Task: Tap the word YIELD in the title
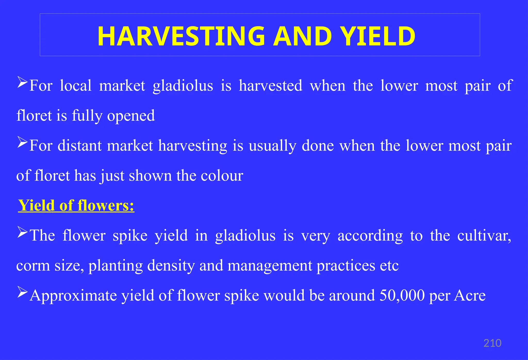pos(377,36)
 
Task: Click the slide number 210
pos(492,343)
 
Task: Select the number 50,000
pos(402,295)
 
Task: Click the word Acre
pos(470,295)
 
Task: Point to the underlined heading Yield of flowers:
pos(76,206)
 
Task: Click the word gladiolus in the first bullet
pos(183,86)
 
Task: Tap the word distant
pos(80,146)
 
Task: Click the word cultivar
pos(484,236)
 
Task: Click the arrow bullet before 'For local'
pos(22,82)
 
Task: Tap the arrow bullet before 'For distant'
pos(22,142)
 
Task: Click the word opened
pos(131,116)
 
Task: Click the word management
pos(270,266)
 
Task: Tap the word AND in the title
pos(302,36)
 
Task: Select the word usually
pos(273,146)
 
